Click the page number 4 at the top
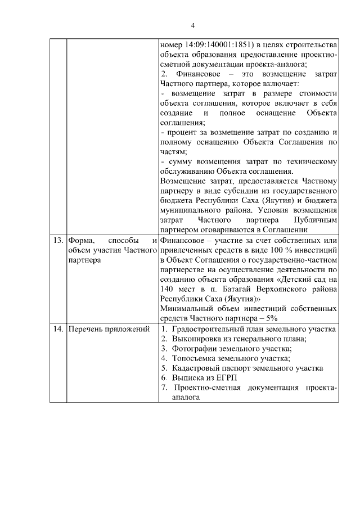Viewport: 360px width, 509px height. [x=192, y=25]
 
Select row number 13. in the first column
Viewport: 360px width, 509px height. [x=57, y=241]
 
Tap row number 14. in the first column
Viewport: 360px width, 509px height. [x=57, y=329]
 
